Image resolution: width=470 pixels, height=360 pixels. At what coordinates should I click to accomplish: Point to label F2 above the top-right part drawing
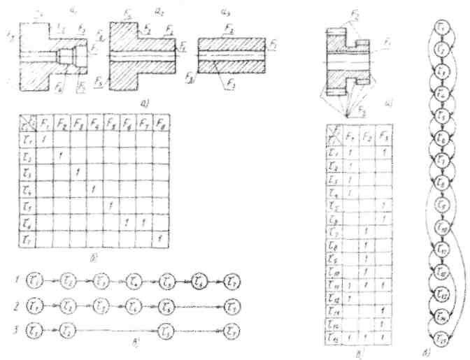[x=354, y=13]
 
